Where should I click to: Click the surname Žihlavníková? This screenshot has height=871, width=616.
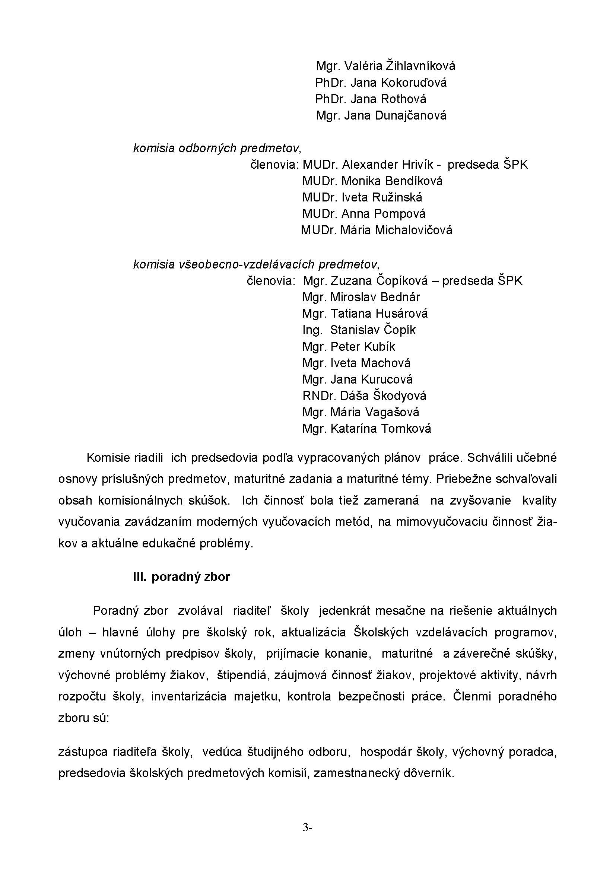click(420, 66)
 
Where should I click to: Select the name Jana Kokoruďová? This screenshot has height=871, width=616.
click(398, 83)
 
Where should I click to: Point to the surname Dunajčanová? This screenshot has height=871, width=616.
click(410, 116)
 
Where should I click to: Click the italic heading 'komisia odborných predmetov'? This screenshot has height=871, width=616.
click(217, 148)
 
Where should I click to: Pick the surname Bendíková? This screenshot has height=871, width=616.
click(413, 181)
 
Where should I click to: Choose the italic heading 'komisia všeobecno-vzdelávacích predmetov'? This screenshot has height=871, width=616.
click(256, 264)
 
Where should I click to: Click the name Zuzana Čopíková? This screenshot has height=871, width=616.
click(379, 281)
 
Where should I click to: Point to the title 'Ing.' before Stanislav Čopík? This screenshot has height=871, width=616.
click(312, 330)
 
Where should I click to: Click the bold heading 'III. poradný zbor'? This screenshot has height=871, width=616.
click(181, 577)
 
